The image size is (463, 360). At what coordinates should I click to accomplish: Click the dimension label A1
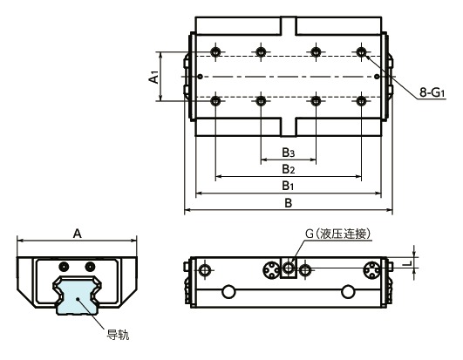(153, 78)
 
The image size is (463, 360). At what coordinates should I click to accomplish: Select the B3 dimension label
(288, 153)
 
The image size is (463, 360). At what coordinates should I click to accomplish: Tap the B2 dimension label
(288, 169)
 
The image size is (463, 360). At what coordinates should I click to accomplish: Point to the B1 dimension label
(288, 186)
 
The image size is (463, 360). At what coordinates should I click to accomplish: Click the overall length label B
(288, 203)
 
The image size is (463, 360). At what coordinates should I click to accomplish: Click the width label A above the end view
(77, 233)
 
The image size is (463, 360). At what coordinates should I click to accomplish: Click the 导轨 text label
(118, 332)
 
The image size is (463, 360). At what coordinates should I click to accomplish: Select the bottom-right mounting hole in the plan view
(361, 101)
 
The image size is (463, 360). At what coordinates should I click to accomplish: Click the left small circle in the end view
(63, 266)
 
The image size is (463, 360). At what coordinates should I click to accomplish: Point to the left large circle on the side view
(228, 291)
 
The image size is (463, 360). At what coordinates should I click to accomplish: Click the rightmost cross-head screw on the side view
(373, 269)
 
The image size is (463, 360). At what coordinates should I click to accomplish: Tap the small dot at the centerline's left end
(201, 77)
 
